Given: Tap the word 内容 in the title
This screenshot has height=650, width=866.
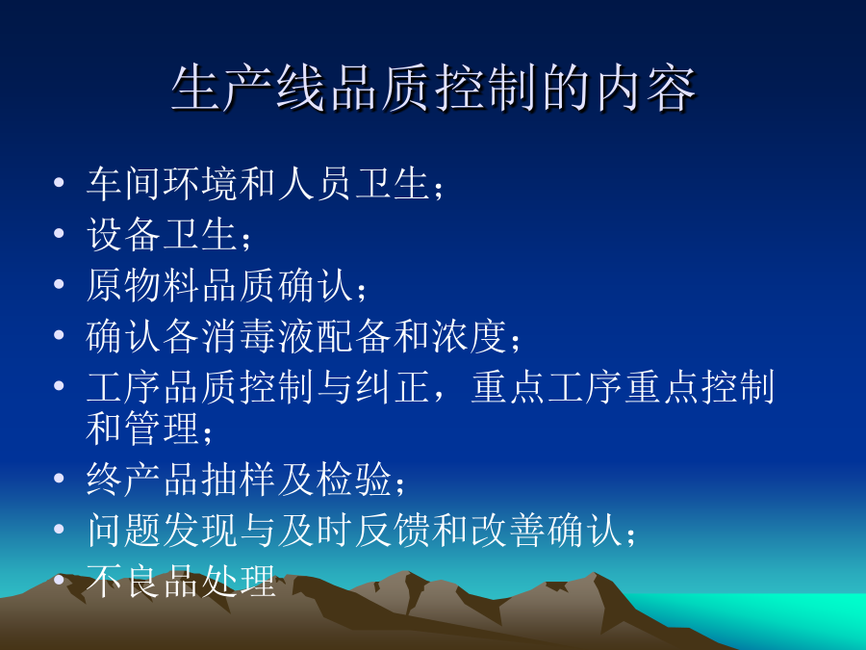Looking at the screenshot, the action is (646, 89).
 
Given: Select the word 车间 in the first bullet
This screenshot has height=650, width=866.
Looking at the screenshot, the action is (124, 183).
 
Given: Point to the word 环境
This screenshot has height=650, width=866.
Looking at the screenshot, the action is (200, 183).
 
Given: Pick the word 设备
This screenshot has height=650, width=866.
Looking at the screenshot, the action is (124, 234).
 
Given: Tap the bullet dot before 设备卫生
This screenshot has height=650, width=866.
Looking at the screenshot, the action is (59, 233).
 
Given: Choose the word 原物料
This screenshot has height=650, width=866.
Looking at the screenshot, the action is (143, 285).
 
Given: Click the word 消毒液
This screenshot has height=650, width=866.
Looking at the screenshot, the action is (258, 335).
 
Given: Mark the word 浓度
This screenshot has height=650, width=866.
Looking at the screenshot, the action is (469, 335).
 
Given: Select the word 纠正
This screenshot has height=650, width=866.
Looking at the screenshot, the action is (393, 386).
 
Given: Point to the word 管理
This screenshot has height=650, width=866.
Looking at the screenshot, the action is (162, 428).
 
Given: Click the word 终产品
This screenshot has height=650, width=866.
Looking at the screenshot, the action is (143, 480).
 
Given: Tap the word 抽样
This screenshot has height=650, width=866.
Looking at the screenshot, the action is (239, 480).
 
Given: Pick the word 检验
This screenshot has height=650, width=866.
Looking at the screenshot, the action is (353, 480).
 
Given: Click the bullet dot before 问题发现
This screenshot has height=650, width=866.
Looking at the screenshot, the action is (59, 530).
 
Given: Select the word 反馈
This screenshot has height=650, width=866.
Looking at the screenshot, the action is (393, 530).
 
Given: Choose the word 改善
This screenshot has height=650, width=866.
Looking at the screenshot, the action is (507, 530).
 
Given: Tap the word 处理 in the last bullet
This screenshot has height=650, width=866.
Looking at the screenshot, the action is (239, 581).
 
